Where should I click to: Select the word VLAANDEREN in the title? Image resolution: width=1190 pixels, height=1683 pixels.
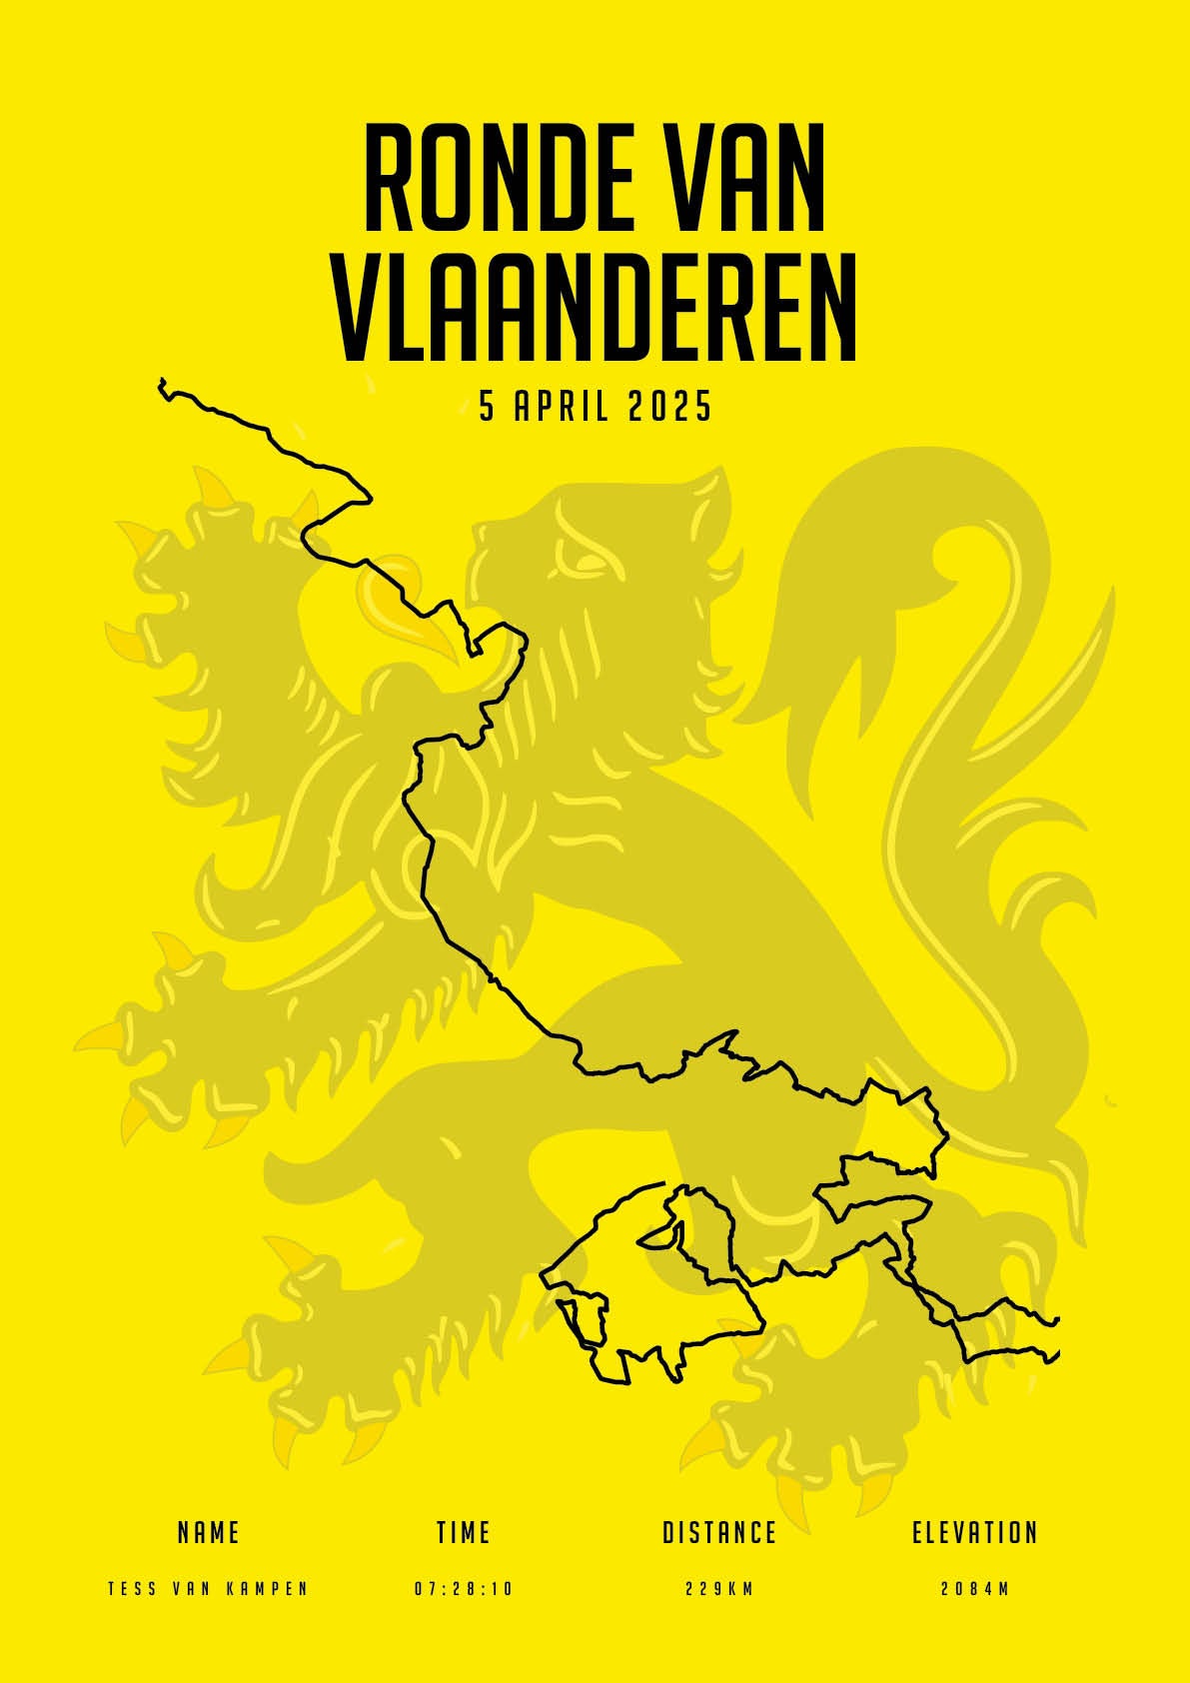coord(595,308)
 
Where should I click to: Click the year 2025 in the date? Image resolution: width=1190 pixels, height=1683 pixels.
coord(670,407)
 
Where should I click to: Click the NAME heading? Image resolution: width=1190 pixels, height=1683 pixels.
coord(208,1532)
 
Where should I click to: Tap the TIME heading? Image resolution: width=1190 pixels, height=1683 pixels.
coord(464,1532)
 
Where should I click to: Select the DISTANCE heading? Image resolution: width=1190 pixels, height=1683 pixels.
coord(719,1532)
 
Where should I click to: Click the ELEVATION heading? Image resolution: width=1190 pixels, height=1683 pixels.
coord(975,1532)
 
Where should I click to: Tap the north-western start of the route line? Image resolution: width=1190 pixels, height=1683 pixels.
coord(162,383)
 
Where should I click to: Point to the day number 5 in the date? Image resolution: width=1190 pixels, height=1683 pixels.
coord(488,407)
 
